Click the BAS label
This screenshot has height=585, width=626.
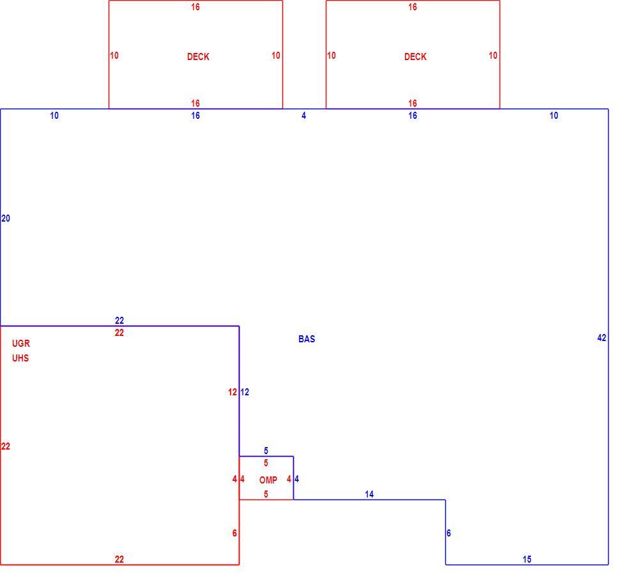(307, 338)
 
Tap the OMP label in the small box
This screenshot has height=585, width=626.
(268, 480)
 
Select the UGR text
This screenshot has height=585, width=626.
(20, 343)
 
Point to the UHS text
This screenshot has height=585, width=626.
(20, 358)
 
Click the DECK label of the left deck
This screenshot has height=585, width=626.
(198, 57)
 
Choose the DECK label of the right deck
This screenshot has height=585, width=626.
(415, 57)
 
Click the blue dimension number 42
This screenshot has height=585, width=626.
(602, 338)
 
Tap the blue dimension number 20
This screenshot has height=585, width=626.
(6, 218)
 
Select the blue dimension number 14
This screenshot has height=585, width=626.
(369, 494)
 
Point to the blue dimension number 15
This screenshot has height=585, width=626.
(527, 559)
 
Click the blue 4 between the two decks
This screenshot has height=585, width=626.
(304, 116)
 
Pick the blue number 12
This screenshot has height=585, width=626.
(245, 392)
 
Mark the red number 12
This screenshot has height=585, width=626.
(233, 392)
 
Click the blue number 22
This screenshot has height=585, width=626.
(119, 321)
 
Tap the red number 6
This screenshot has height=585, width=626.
(234, 533)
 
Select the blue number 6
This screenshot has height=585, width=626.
(448, 533)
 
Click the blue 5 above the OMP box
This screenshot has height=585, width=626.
(266, 451)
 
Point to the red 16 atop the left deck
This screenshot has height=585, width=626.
(195, 7)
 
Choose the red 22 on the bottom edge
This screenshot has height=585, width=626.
(119, 559)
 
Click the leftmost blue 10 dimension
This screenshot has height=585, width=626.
(54, 116)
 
